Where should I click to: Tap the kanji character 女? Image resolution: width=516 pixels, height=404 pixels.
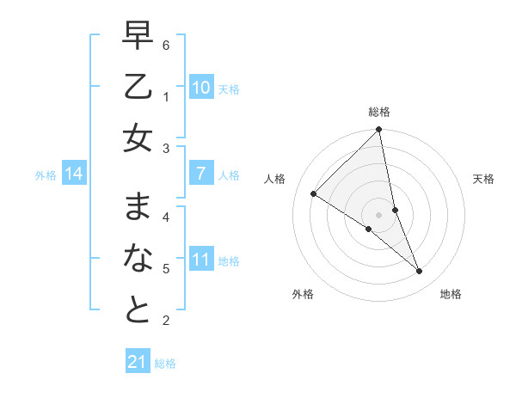coord(138,138)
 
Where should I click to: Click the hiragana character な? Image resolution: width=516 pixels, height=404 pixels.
coord(138,259)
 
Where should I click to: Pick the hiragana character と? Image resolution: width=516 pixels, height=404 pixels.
coord(138,309)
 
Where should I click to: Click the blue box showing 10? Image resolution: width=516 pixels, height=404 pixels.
coord(200,88)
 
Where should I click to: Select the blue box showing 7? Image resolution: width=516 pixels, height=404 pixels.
coord(200,174)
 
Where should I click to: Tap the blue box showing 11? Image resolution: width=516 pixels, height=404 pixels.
coord(200,260)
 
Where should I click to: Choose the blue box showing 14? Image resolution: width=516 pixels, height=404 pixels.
coord(74,174)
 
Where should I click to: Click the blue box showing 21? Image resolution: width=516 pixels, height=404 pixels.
coord(138,362)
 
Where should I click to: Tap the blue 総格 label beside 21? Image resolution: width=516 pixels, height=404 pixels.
coord(165,364)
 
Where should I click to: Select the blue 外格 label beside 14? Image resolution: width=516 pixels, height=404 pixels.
coord(46,175)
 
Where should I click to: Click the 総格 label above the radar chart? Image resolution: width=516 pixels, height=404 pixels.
coord(379,112)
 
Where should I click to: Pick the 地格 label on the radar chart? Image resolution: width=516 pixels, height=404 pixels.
coord(451,294)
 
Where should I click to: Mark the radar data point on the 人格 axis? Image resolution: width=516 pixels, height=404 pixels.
coord(314,193)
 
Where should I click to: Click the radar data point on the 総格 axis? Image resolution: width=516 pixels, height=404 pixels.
coord(379,131)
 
